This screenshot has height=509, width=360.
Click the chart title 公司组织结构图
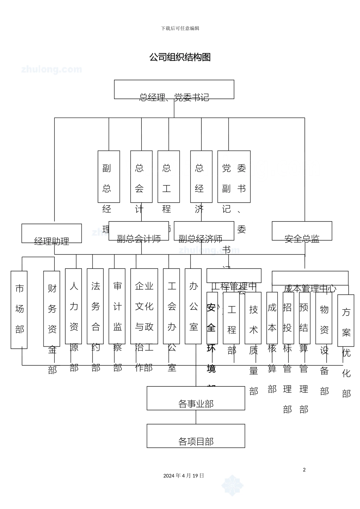(180, 57)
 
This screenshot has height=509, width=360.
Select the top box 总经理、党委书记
(174, 90)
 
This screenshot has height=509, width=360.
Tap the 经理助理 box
(52, 234)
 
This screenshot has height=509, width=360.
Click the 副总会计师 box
(139, 231)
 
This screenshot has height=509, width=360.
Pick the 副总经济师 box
(204, 231)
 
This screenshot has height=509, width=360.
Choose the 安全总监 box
(302, 231)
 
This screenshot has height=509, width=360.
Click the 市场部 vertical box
(19, 309)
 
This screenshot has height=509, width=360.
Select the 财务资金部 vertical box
(52, 309)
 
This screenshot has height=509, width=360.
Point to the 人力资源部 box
(74, 306)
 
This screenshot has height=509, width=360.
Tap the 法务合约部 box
(95, 306)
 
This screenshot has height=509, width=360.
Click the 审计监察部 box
(117, 306)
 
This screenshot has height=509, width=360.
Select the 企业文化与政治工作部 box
(144, 306)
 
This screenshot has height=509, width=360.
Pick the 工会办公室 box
(171, 306)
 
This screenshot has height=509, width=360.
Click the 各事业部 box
(196, 398)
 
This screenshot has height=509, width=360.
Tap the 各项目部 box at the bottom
(196, 436)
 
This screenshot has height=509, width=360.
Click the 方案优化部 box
(346, 315)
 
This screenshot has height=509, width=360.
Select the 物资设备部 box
(324, 312)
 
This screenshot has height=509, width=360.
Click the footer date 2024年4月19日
(184, 476)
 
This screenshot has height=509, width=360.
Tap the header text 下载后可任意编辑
(180, 28)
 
